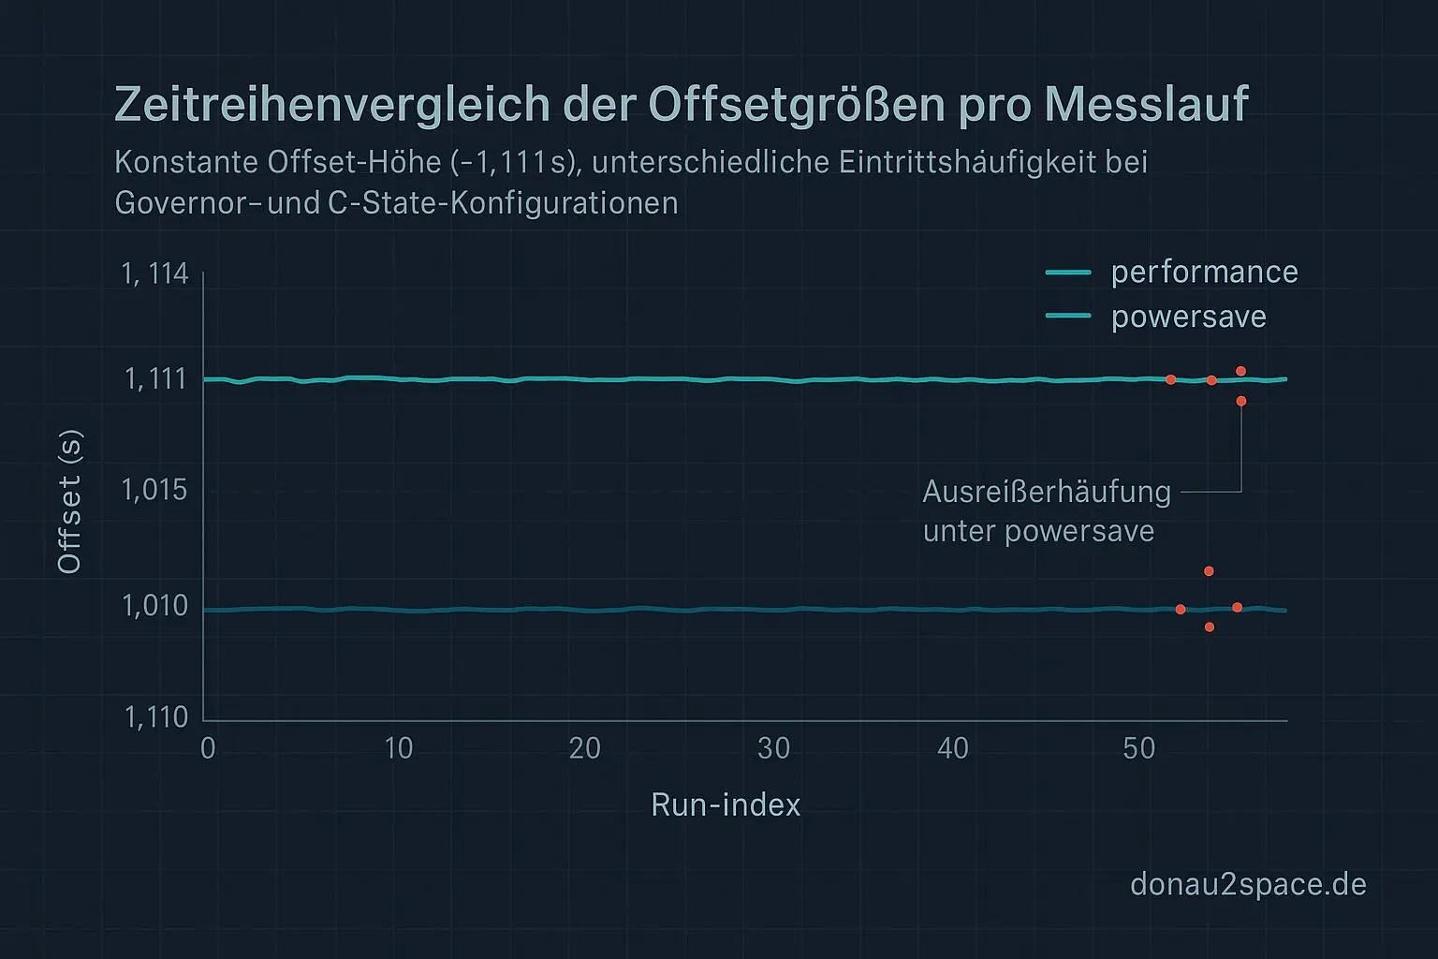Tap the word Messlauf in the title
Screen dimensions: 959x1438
click(1146, 105)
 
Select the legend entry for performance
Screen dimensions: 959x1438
click(1204, 272)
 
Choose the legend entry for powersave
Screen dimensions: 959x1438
click(1188, 317)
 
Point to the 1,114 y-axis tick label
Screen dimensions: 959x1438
click(154, 273)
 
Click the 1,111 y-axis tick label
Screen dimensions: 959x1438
click(155, 378)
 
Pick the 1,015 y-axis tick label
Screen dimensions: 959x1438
click(154, 490)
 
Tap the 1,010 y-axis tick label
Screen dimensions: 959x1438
click(154, 606)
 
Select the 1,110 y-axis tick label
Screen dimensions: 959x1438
click(155, 717)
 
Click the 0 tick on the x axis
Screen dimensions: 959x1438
click(208, 748)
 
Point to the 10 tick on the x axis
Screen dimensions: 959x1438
click(398, 748)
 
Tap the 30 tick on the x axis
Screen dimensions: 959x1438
click(773, 748)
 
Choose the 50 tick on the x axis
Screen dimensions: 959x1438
click(1138, 748)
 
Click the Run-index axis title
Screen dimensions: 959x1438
click(726, 804)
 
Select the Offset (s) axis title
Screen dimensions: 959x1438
click(70, 501)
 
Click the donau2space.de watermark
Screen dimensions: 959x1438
click(1248, 884)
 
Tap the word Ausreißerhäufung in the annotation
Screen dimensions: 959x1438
click(1047, 492)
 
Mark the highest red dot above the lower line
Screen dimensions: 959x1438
click(1209, 571)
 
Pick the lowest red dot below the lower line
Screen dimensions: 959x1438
click(1210, 627)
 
